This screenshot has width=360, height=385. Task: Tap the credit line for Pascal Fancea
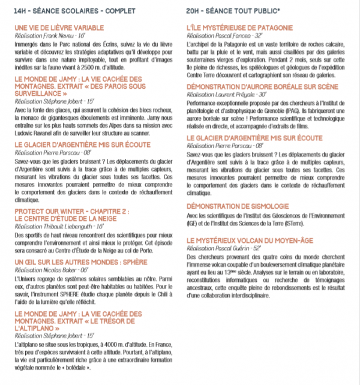tap(226, 36)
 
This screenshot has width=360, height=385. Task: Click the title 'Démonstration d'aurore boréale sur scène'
tap(255, 87)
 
